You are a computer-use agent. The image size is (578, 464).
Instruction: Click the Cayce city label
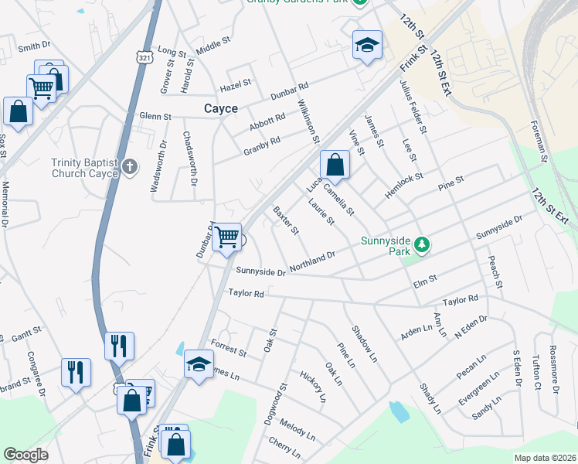(220, 109)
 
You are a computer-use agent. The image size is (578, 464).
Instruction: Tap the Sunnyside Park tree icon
(421, 245)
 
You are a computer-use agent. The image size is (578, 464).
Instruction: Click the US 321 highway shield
(143, 57)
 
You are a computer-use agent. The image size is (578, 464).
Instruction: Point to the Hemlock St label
(404, 186)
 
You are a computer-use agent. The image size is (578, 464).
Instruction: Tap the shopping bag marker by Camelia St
(335, 165)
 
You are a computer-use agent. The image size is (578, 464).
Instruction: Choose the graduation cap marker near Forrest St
(199, 363)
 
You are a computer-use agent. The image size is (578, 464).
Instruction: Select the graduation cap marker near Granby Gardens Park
(367, 45)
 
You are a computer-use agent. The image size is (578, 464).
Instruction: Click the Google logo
(25, 455)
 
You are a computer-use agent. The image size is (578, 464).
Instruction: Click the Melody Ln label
(297, 430)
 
